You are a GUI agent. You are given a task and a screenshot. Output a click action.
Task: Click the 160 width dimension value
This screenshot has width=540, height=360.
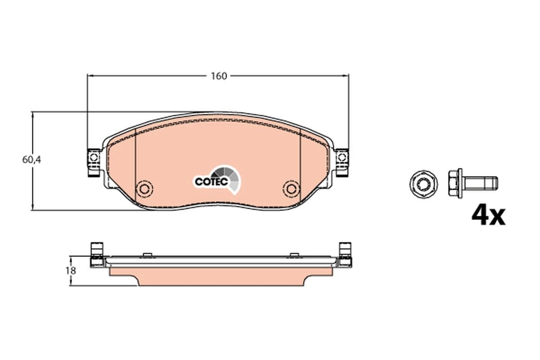coord(219,76)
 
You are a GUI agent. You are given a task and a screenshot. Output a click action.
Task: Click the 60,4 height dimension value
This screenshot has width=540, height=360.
coord(31,159)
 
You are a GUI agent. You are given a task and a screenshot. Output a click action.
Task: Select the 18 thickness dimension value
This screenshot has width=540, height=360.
coord(71,271)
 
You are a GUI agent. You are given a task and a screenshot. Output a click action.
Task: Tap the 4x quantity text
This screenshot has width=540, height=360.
coord(488,216)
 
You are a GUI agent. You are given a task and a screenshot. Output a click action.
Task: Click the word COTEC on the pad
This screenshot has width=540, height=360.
coord(210,181)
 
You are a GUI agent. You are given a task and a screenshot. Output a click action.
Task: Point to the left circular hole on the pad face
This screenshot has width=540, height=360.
coord(145,188)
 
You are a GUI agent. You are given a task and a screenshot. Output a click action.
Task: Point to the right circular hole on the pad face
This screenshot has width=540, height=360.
coord(291,188)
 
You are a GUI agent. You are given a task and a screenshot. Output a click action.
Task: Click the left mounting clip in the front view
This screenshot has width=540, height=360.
coord(94,163)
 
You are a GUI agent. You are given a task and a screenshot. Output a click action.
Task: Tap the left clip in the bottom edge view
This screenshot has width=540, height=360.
coord(96,255)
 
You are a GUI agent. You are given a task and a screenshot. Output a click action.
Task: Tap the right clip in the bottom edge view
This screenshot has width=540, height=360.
coord(345,255)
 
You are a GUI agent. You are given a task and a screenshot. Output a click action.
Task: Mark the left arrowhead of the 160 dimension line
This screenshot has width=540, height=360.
coord(89,76)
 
